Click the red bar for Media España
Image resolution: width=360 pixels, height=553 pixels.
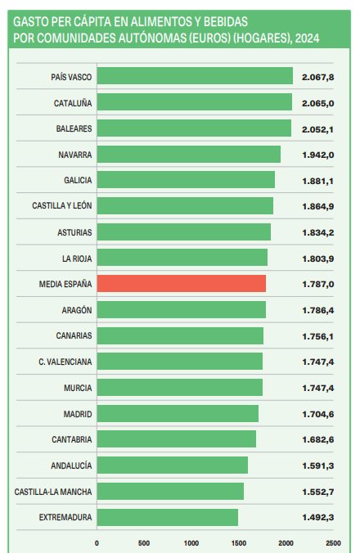coord(182,284)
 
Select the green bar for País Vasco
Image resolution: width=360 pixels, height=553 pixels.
coord(195,76)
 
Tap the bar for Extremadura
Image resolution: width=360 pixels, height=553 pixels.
coord(168,517)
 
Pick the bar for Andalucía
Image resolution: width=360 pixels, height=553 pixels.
coord(173,465)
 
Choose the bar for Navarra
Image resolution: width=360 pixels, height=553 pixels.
coord(189,154)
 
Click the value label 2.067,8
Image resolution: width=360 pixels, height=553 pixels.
coord(319,76)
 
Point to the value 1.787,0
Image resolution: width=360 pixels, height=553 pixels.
coord(319,284)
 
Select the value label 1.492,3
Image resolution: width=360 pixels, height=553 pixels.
coord(319,517)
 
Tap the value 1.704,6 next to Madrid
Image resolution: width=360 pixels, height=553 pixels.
coord(319,413)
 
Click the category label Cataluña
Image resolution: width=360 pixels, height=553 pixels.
coord(71,102)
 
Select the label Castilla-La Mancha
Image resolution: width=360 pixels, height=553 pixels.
coord(53,491)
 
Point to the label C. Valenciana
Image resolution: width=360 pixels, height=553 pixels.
coord(65,362)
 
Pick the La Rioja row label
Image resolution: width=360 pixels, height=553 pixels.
coord(76,258)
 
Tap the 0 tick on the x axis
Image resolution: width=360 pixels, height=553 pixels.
coord(97,542)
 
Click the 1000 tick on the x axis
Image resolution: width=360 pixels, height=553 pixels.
coord(191,542)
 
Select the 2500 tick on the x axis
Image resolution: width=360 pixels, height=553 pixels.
coord(333,542)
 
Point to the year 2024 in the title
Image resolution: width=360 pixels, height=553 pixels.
coord(308,38)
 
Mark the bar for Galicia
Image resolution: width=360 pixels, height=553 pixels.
coord(186,180)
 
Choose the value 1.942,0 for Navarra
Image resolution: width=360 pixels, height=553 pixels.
coord(319,154)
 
